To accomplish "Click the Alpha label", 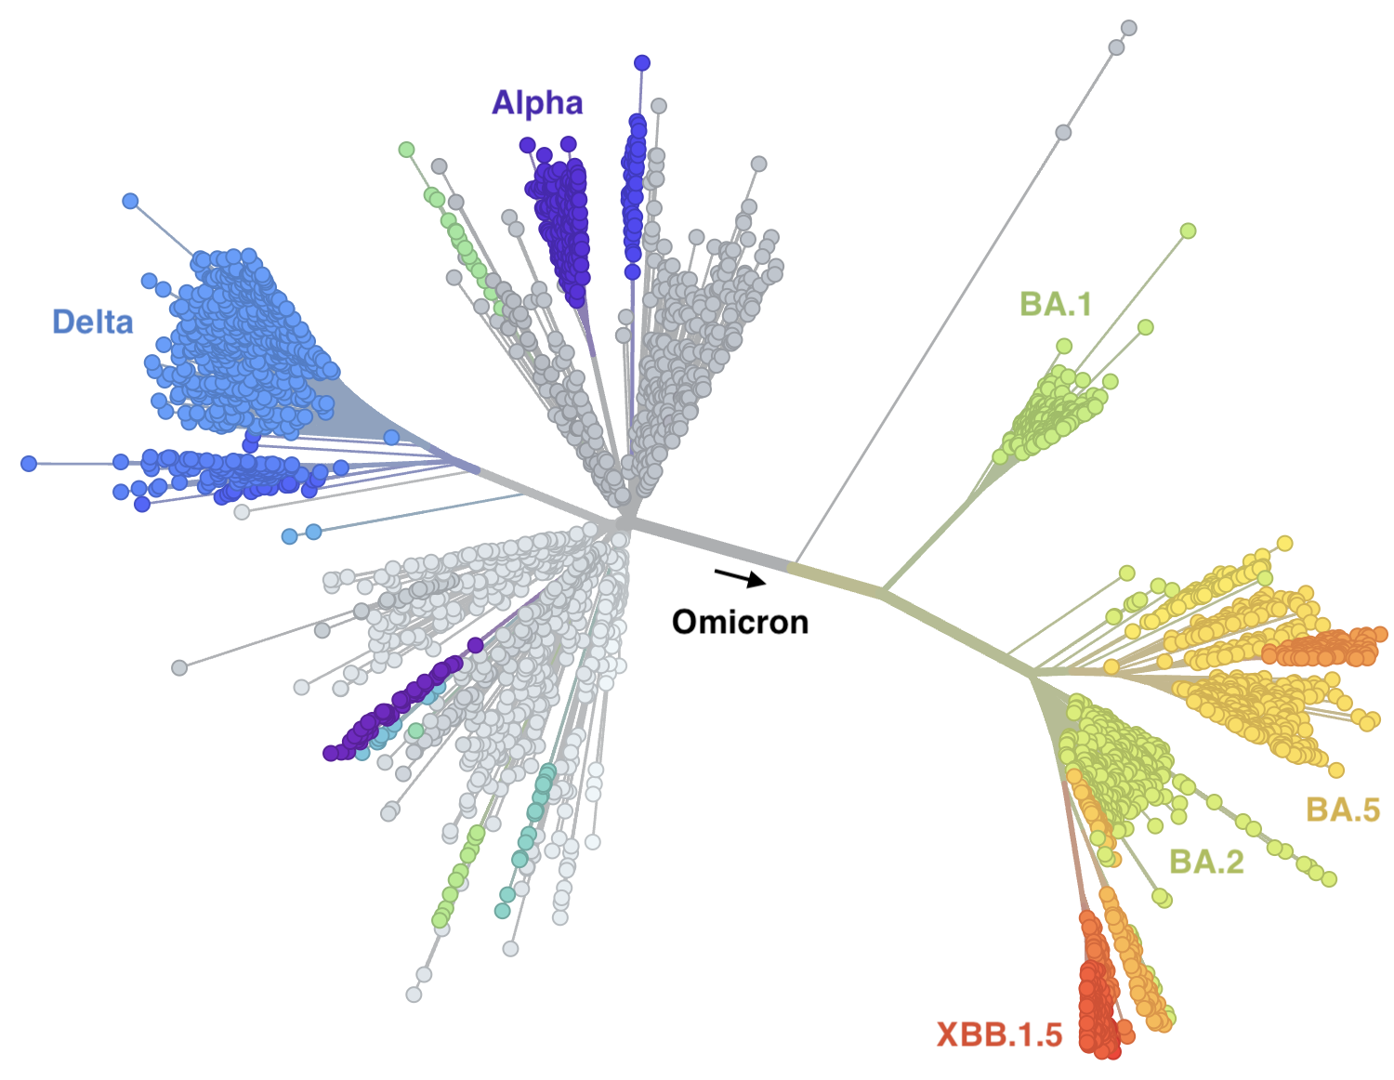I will point(537,102).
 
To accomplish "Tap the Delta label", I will point(93,322).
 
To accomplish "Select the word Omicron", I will point(740,621).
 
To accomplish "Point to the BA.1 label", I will point(1055,304).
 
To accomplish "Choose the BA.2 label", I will point(1205,862).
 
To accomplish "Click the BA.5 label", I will point(1343,810).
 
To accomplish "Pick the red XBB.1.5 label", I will point(999,1034).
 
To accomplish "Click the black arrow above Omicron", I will point(741,578).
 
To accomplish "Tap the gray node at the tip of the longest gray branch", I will point(1129,28).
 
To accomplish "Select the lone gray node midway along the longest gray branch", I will point(1064,133).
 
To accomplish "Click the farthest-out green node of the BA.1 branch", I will point(1188,230).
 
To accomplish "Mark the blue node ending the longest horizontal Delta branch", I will point(29,463).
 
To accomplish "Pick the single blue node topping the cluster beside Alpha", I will point(642,63).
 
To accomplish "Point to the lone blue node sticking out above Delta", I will point(130,201).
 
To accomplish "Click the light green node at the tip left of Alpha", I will point(406,150).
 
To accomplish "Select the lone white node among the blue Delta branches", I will point(242,511).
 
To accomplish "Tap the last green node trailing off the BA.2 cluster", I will point(1329,879).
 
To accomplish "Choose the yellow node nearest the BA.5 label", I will point(1336,770).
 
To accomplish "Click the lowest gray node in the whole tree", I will point(414,994).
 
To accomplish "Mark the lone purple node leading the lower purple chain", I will point(475,645).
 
